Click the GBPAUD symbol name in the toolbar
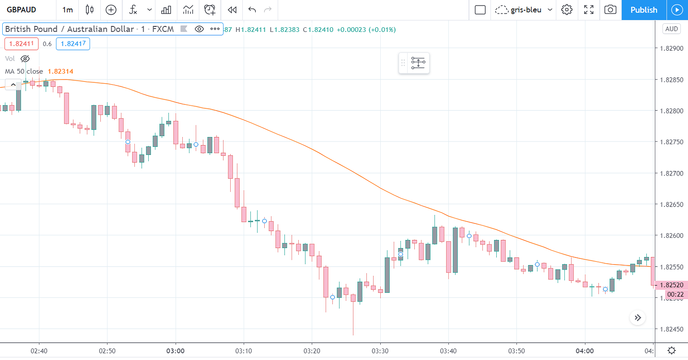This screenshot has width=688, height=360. tap(21, 10)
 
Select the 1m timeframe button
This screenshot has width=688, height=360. tap(68, 10)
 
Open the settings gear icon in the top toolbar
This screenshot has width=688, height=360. tap(567, 10)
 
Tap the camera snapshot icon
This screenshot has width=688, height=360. tap(610, 10)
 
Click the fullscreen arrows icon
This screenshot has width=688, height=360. tap(589, 10)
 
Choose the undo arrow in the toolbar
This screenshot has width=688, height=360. tap(252, 10)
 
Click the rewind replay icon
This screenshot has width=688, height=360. tap(232, 10)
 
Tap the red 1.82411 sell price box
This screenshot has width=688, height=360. tap(21, 44)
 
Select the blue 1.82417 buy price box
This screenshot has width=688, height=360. tap(73, 44)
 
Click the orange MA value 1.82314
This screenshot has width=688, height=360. tap(60, 72)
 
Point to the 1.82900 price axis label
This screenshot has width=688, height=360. tap(672, 48)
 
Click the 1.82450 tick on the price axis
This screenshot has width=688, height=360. tap(672, 330)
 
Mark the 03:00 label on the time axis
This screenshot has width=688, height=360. tap(176, 351)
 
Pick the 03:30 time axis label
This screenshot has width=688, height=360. tap(380, 351)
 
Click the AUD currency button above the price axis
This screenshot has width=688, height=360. tap(671, 29)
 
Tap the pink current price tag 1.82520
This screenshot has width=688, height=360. tap(671, 285)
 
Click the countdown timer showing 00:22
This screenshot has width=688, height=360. tap(675, 295)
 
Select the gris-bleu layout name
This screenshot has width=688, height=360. tap(526, 10)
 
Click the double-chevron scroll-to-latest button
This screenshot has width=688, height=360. tap(638, 318)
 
